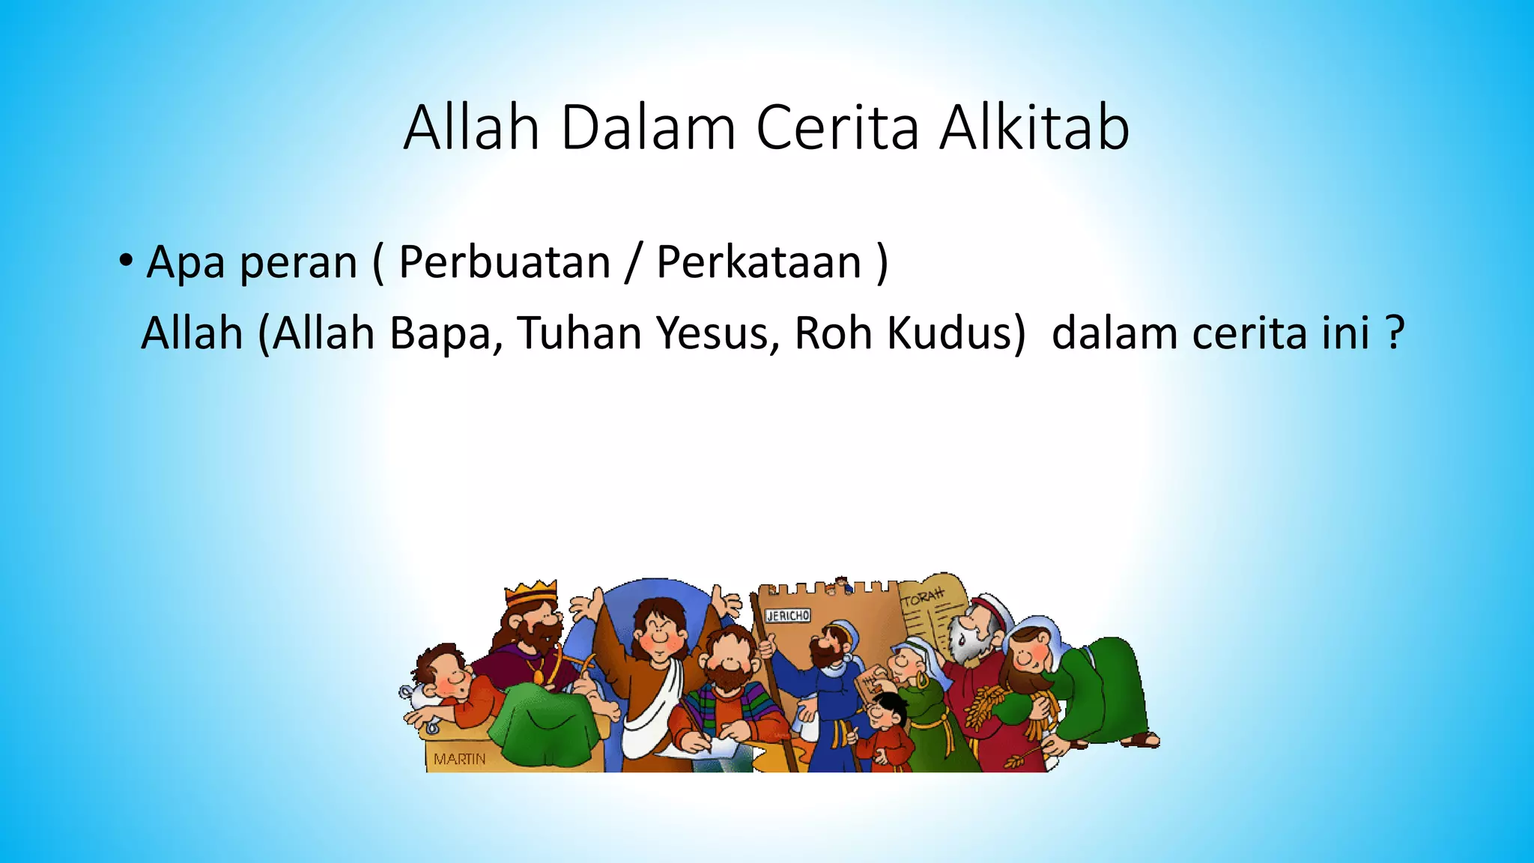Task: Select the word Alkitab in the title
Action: (x=1034, y=128)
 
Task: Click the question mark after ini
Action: (x=1394, y=333)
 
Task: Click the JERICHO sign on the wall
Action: (x=787, y=616)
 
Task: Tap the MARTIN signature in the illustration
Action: (x=459, y=759)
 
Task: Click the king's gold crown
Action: (x=531, y=593)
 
